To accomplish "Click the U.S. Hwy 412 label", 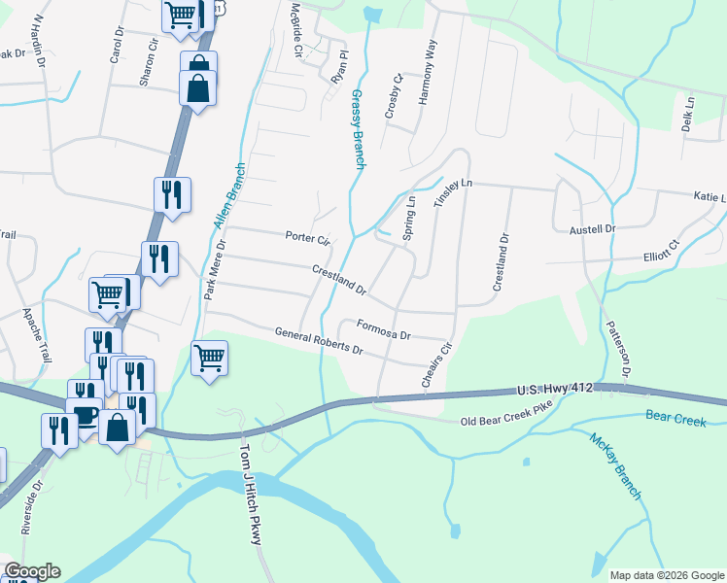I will coord(551,391).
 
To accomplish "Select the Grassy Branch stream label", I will coord(357,130).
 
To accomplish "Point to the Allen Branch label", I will coord(229,195).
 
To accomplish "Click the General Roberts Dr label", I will coord(318,341).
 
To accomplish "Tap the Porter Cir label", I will coord(308,237).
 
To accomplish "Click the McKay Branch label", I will coord(615,465).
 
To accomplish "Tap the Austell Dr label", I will coord(592,229).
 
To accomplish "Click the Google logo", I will coord(32,571).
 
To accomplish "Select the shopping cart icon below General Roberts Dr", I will coord(210,359).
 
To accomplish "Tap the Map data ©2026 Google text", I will coord(666,575).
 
